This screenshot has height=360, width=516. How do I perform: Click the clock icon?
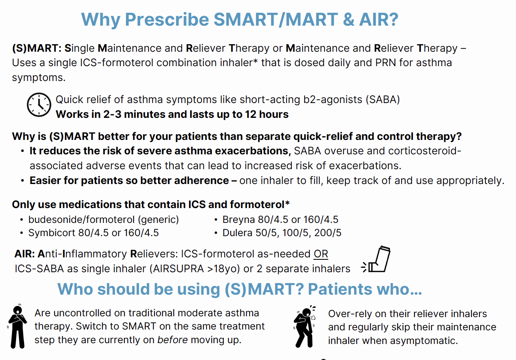pyautogui.click(x=39, y=105)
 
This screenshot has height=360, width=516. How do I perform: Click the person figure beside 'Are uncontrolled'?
pyautogui.click(x=17, y=326)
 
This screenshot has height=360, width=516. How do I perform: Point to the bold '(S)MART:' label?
pyautogui.click(x=37, y=49)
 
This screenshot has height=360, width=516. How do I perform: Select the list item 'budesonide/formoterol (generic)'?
pyautogui.click(x=104, y=220)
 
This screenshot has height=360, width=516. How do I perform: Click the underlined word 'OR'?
pyautogui.click(x=321, y=254)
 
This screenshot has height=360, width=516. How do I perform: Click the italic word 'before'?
pyautogui.click(x=173, y=340)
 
